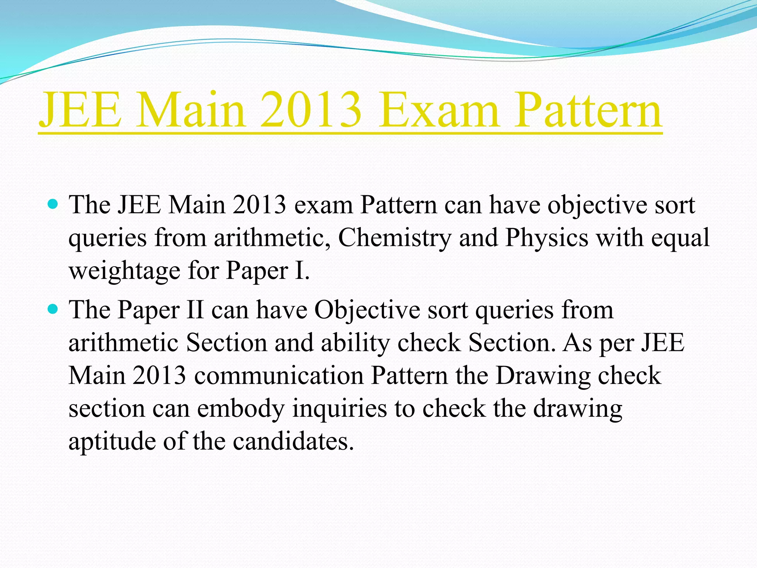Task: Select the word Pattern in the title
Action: [x=588, y=110]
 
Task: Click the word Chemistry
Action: [x=394, y=238]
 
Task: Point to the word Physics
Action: [x=547, y=238]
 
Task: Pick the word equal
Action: [x=680, y=238]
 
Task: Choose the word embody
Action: [x=241, y=409]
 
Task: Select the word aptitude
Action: [x=112, y=442]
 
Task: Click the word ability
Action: [x=355, y=343]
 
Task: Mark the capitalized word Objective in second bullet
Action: [x=367, y=310]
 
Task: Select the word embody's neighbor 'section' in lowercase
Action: [x=106, y=409]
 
